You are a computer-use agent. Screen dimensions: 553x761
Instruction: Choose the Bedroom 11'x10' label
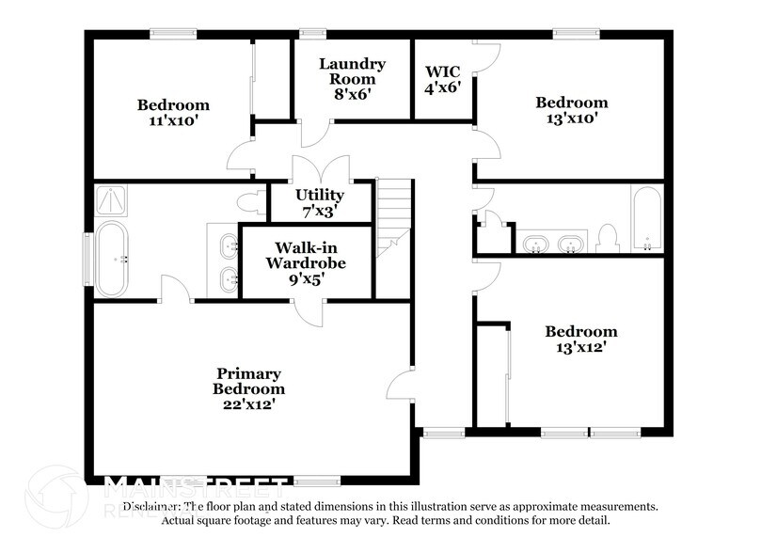coord(173,112)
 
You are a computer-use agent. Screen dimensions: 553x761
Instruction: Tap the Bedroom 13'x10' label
coord(571,110)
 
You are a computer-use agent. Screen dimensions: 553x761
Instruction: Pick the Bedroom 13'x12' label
coord(581,339)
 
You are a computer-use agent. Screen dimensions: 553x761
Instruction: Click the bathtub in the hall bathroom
coord(647,220)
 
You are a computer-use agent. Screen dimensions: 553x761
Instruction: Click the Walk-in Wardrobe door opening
coord(309,309)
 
